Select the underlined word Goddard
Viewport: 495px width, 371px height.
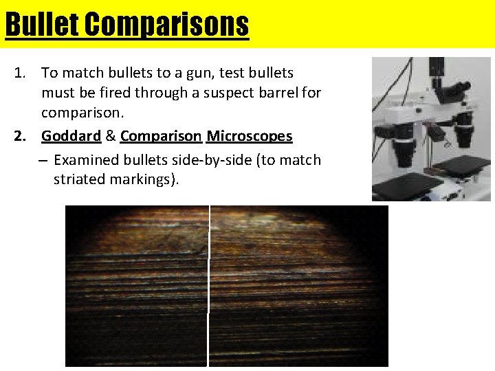[71, 136]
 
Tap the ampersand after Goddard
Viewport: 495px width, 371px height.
[111, 136]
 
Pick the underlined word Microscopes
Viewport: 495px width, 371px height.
[250, 136]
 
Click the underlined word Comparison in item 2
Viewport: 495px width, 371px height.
[160, 136]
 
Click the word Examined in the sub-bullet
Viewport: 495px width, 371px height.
[82, 160]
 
